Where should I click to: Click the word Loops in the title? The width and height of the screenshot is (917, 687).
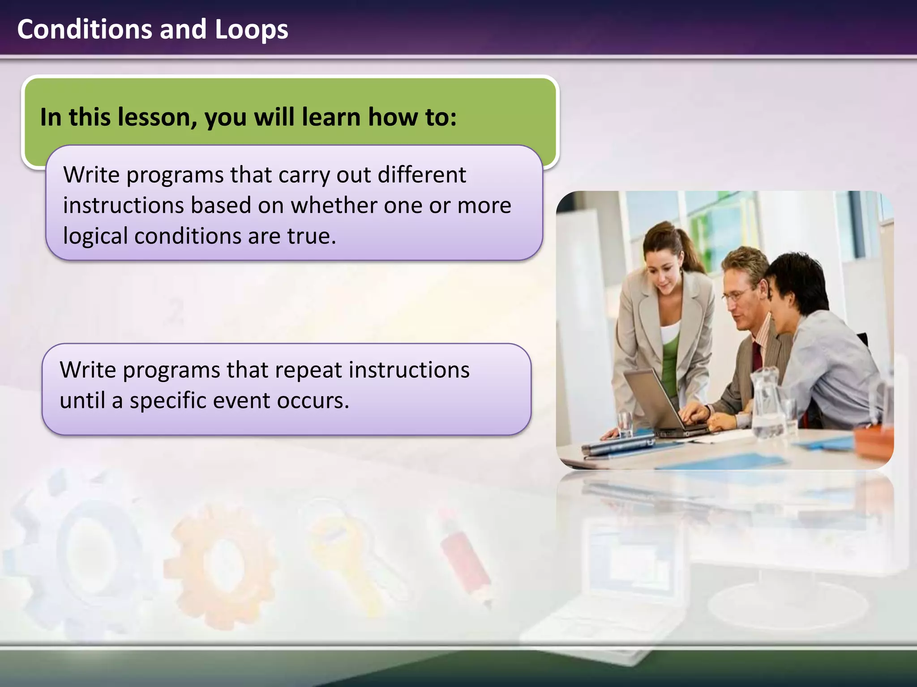(x=251, y=30)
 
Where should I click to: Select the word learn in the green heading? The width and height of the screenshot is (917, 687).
(x=331, y=117)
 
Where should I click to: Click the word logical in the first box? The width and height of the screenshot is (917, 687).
(x=95, y=236)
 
